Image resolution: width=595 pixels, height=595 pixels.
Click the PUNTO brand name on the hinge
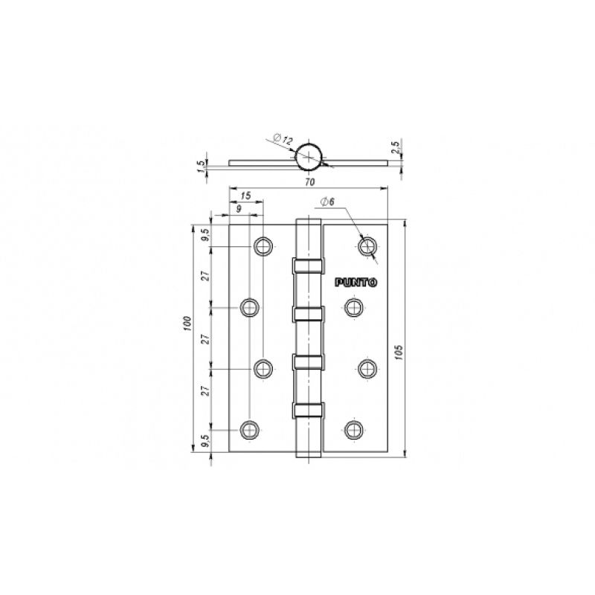(356, 283)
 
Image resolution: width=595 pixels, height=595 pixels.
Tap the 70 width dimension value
(310, 182)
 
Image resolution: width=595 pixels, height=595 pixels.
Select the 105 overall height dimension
(398, 353)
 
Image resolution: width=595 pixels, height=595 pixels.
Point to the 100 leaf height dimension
(188, 324)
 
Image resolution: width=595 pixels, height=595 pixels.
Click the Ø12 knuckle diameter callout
(283, 139)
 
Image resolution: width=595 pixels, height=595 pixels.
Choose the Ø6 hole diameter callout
(327, 202)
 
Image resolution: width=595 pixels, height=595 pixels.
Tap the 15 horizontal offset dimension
(246, 196)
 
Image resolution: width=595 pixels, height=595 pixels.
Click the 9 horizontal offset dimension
(239, 209)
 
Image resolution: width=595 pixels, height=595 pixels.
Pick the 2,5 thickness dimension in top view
(395, 147)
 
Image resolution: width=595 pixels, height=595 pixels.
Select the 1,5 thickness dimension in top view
(201, 166)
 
